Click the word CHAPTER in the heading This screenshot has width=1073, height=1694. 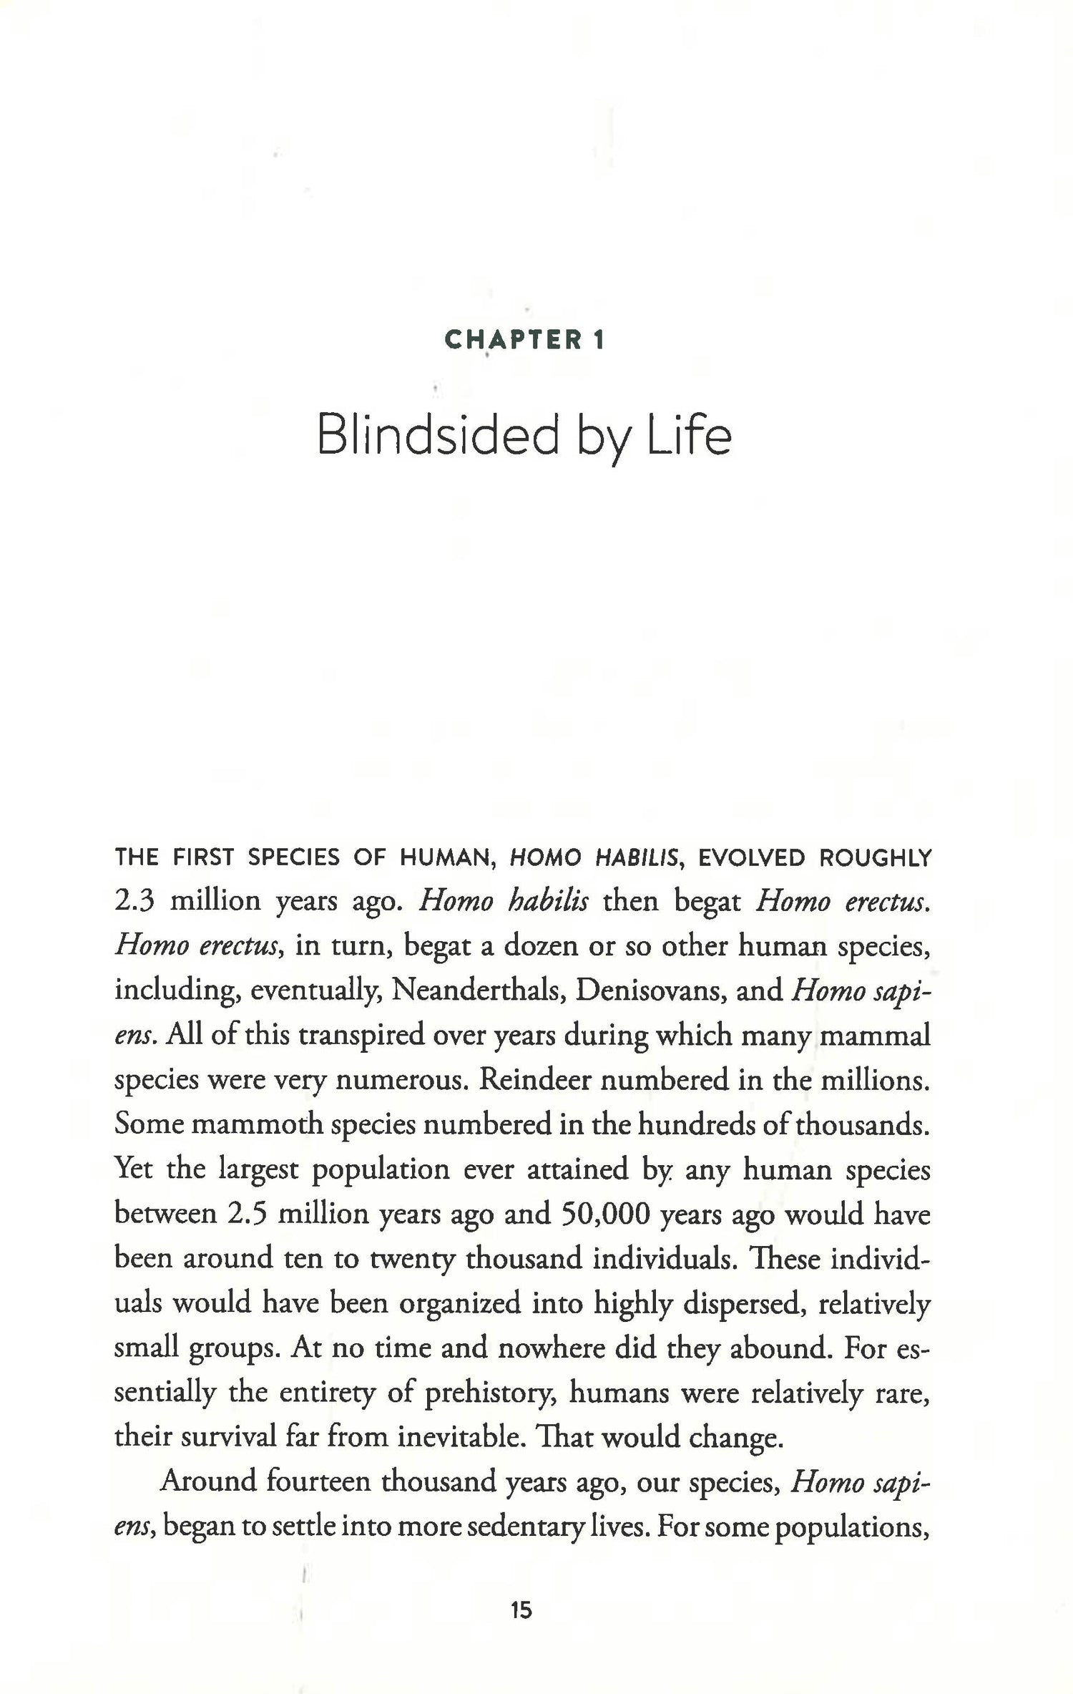click(513, 340)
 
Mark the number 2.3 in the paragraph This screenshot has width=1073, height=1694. click(134, 901)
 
